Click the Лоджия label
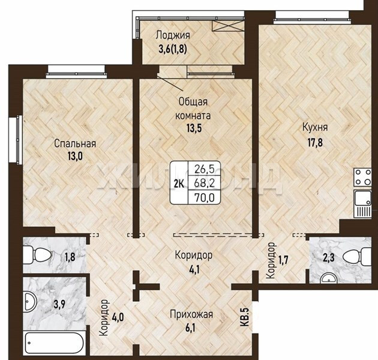click(x=173, y=35)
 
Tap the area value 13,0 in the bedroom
click(x=75, y=156)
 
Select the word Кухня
click(x=315, y=127)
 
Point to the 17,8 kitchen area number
click(x=315, y=142)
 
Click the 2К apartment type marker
click(x=179, y=184)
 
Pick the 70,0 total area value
click(x=205, y=198)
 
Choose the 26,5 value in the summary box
click(x=205, y=169)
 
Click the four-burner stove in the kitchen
click(x=363, y=177)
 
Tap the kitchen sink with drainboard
click(x=363, y=203)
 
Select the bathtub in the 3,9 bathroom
click(x=55, y=343)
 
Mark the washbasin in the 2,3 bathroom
click(x=329, y=278)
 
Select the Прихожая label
click(x=191, y=314)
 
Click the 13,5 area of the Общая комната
click(x=194, y=128)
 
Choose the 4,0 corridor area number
click(x=118, y=316)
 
